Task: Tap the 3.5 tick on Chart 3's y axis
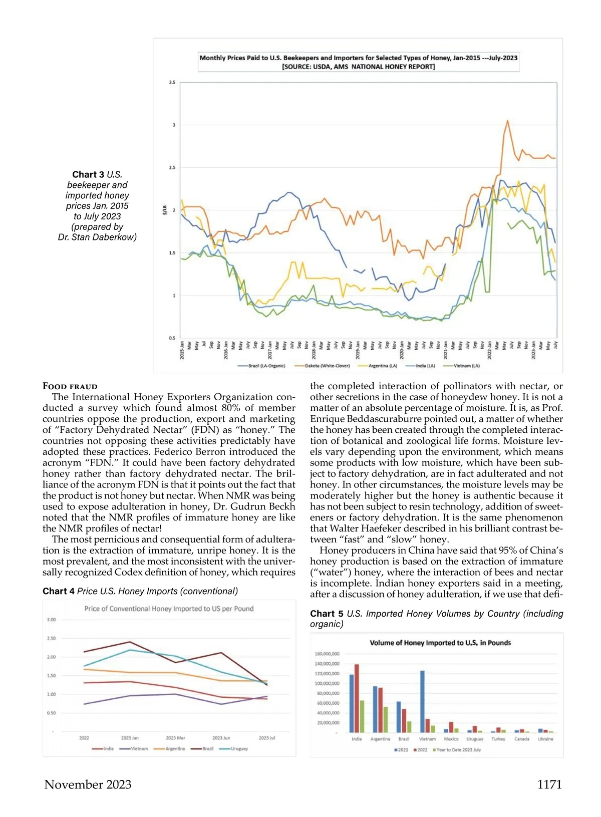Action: coord(172,82)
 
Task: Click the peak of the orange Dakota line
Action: coord(507,121)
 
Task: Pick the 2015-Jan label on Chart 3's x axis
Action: coord(182,349)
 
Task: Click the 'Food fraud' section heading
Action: coord(70,386)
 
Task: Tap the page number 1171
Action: coord(549,784)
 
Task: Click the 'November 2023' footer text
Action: coord(88,784)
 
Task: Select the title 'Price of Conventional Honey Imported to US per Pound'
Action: coord(169,609)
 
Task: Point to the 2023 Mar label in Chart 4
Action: coord(175,738)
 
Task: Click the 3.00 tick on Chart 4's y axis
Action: coord(51,620)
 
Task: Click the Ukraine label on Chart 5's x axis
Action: coord(545,739)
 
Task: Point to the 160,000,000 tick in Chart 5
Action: coord(327,654)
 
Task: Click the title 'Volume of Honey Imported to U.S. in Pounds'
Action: coord(440,643)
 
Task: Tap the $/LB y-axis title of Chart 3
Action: coord(164,210)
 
